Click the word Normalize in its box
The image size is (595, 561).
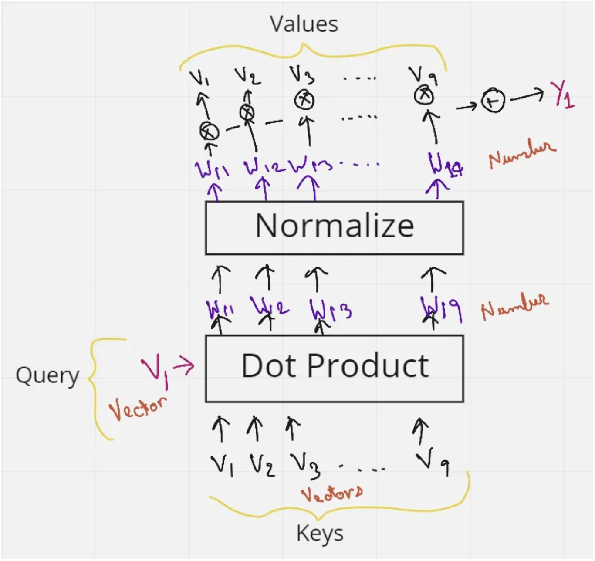334,226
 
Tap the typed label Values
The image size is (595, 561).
304,24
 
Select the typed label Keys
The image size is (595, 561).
320,533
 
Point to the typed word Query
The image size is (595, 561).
47,376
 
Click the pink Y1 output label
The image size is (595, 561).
564,94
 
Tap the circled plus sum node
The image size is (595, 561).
493,101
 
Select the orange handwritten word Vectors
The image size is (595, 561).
332,493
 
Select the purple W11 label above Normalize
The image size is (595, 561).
212,167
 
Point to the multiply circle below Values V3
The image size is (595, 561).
304,100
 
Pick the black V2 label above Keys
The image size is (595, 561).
262,466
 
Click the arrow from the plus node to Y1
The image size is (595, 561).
527,96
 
